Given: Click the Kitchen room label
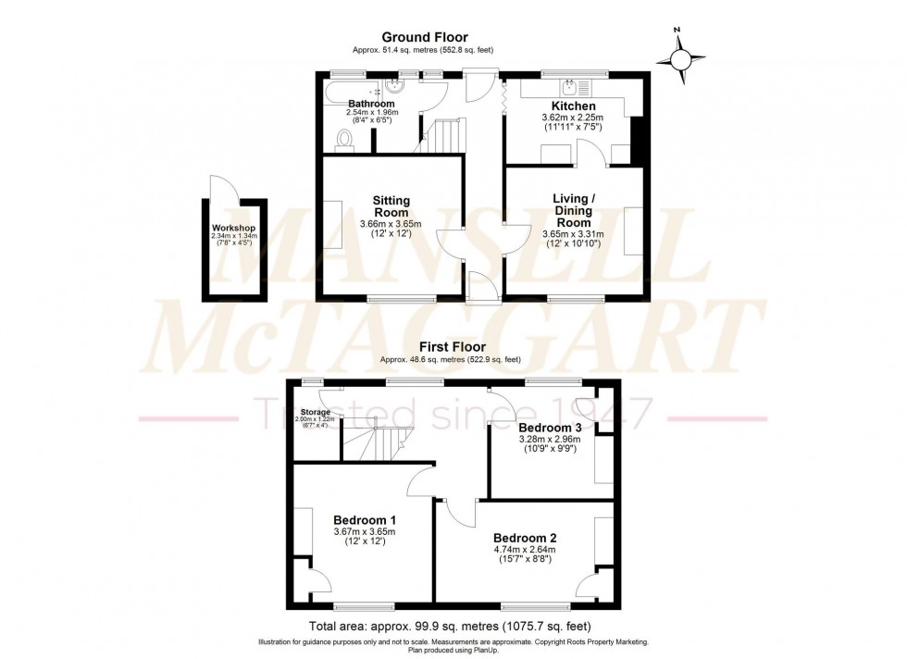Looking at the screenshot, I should [x=573, y=106].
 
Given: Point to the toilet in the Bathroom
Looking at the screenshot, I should [x=345, y=140].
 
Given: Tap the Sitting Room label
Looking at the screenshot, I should [x=391, y=206].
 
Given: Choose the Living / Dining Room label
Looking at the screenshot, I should [x=572, y=210].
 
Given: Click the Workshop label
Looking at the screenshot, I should [x=233, y=228].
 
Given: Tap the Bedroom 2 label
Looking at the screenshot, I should [x=524, y=538].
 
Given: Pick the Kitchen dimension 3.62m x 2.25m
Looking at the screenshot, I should [x=572, y=118].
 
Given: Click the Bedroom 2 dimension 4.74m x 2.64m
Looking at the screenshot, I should [x=524, y=549].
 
